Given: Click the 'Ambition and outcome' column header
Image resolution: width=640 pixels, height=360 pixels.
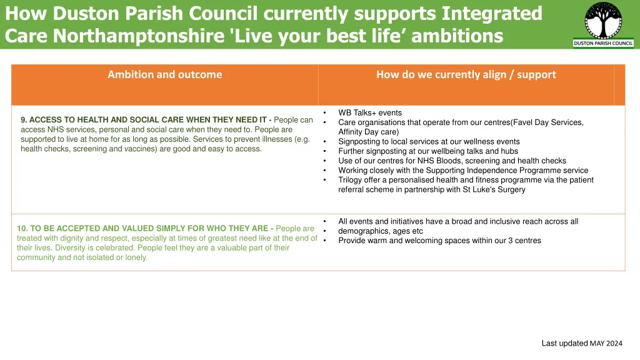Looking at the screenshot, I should tap(164, 74).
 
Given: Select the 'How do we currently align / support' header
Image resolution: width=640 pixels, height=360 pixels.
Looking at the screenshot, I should tap(466, 74).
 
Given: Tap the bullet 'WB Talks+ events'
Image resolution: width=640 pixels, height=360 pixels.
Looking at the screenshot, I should tap(370, 113).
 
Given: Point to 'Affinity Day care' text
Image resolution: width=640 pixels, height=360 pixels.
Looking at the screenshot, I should tap(368, 132).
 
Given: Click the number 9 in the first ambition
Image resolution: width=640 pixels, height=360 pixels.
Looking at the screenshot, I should tap(23, 120).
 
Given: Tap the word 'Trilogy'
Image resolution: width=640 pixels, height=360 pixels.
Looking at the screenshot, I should tap(351, 180).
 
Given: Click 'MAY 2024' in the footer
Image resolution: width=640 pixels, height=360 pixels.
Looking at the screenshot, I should tap(606, 343).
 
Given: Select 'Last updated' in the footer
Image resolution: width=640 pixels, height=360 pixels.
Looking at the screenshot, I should tap(564, 343).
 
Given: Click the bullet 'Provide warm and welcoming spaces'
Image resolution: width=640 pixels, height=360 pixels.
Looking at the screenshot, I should tap(439, 241).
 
